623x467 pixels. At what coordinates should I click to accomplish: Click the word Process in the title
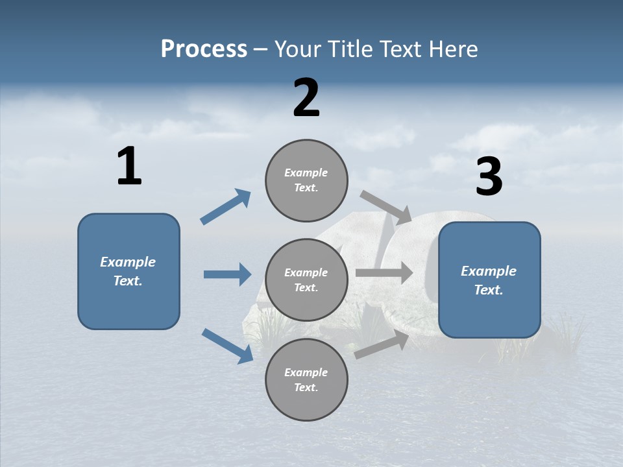coord(204,49)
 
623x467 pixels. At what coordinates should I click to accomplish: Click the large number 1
coord(129,167)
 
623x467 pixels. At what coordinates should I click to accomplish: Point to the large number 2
coord(306,98)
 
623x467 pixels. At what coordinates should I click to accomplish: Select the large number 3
coord(489,178)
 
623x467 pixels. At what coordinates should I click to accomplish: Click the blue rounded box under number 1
coord(128,271)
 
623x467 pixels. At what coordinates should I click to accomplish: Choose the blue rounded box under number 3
coord(489,280)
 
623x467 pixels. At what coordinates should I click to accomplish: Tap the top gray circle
coord(306,180)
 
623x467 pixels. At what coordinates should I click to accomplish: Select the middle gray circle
coord(306,280)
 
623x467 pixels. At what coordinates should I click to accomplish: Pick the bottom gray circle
coord(306,379)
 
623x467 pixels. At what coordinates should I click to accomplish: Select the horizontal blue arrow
coord(227,274)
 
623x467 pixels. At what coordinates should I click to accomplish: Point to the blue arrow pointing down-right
coord(227,346)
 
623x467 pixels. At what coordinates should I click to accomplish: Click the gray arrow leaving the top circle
coord(386,207)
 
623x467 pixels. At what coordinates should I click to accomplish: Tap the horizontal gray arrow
coord(384,272)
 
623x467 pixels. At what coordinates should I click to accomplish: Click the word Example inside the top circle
coord(306,173)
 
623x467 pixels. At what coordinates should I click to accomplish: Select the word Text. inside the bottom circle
coord(306,387)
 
